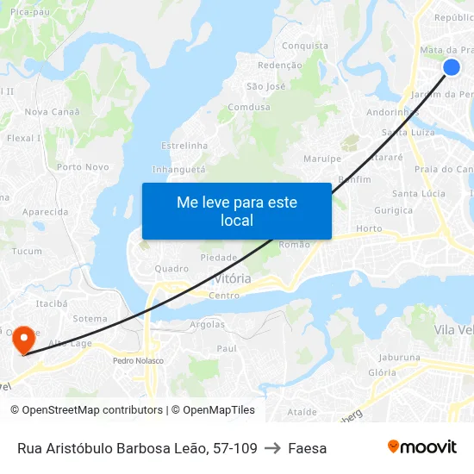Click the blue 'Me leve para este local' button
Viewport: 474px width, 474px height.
[x=236, y=211]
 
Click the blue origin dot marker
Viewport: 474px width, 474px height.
[x=451, y=67]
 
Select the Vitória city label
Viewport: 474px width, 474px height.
[x=233, y=279]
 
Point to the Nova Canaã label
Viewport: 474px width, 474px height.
[x=53, y=112]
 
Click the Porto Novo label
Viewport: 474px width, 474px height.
[x=83, y=167]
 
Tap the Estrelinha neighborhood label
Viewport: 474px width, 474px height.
[x=184, y=146]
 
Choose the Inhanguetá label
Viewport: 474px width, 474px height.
[x=179, y=170]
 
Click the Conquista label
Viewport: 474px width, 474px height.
[x=305, y=46]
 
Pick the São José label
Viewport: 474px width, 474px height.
[x=265, y=86]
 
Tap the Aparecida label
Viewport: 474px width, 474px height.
[x=45, y=212]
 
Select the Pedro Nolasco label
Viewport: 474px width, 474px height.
[x=138, y=360]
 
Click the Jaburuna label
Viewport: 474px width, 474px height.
[x=399, y=357]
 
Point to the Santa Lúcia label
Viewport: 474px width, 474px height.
[x=419, y=193]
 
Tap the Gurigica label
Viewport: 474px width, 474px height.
[x=393, y=210]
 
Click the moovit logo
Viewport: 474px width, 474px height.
[x=422, y=447]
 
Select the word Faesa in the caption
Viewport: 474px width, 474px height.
[x=308, y=448]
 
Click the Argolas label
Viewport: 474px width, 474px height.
[x=207, y=325]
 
